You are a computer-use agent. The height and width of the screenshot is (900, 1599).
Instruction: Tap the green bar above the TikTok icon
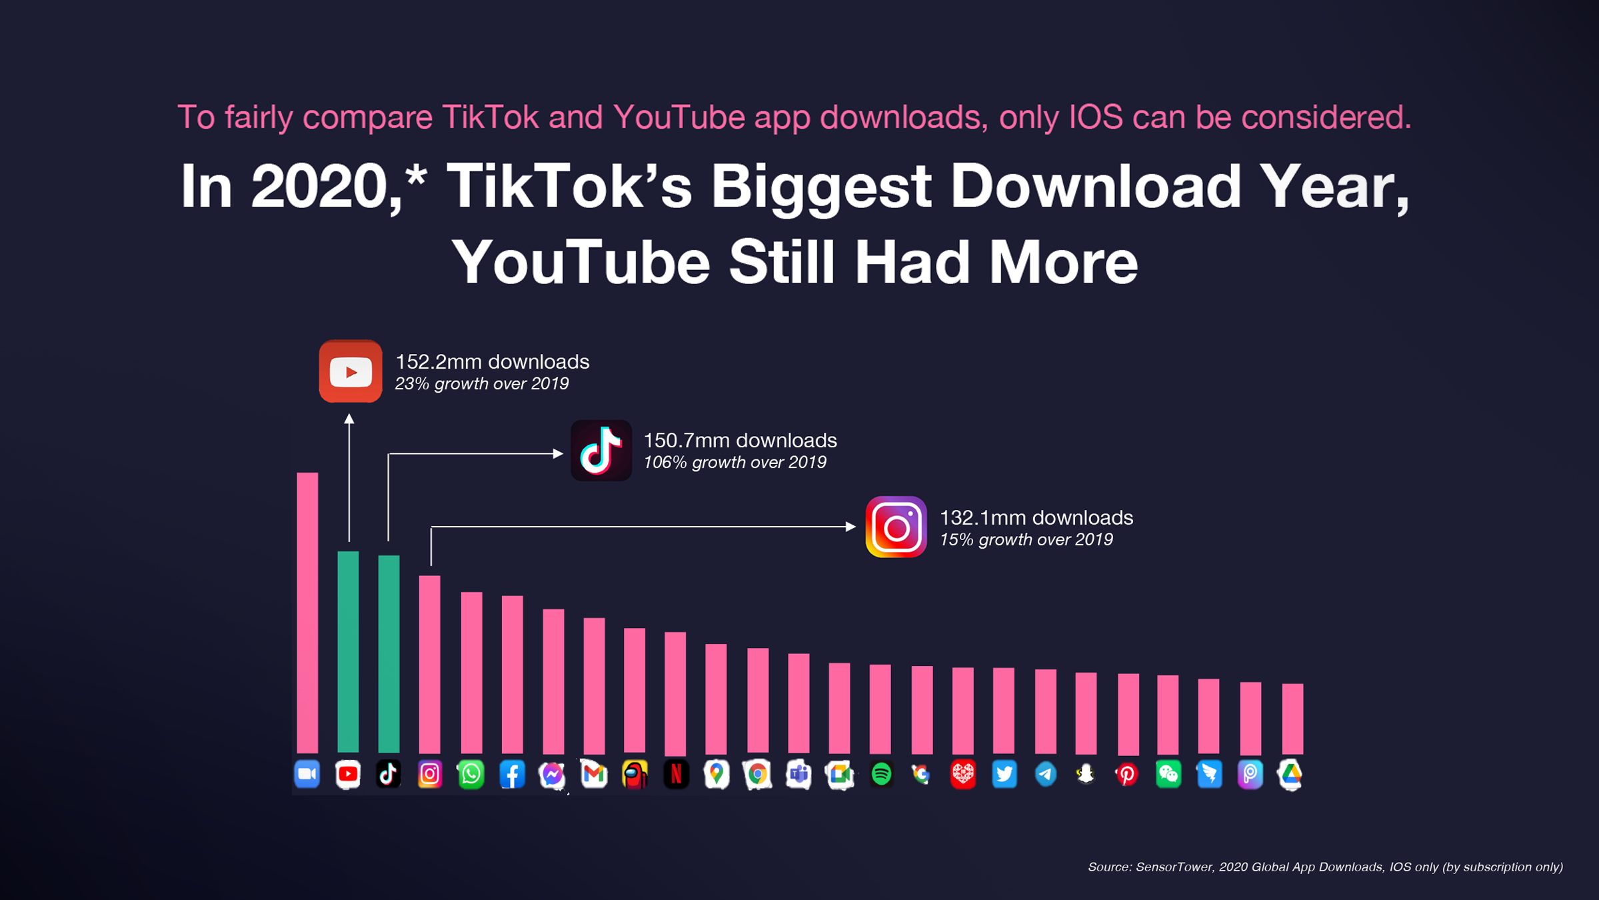(x=389, y=653)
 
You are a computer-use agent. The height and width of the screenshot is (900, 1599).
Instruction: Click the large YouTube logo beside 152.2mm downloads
(x=351, y=371)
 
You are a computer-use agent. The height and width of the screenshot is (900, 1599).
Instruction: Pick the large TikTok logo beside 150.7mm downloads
(x=601, y=451)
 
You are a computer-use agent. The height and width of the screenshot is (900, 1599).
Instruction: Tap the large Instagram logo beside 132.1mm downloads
(x=896, y=527)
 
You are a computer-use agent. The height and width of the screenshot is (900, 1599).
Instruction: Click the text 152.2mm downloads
(x=492, y=362)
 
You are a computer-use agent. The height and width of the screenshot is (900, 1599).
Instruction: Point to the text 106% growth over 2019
(x=735, y=463)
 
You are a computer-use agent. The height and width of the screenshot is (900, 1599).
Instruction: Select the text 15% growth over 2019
(x=1026, y=540)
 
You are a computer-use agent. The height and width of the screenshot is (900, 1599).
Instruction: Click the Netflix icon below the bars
(x=676, y=774)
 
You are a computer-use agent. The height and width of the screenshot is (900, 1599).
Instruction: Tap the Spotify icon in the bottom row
(x=881, y=774)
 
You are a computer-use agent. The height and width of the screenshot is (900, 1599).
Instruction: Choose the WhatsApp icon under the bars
(x=471, y=774)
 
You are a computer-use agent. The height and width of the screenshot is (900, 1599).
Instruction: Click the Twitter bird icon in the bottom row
(x=1004, y=774)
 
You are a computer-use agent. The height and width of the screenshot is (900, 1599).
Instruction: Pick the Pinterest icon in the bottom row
(x=1127, y=775)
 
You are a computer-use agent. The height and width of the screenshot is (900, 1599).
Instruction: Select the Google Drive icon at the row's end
(x=1290, y=774)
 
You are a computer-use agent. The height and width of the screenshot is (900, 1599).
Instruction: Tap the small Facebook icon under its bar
(x=512, y=774)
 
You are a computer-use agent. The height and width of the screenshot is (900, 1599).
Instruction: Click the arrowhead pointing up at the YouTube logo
(x=349, y=419)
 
